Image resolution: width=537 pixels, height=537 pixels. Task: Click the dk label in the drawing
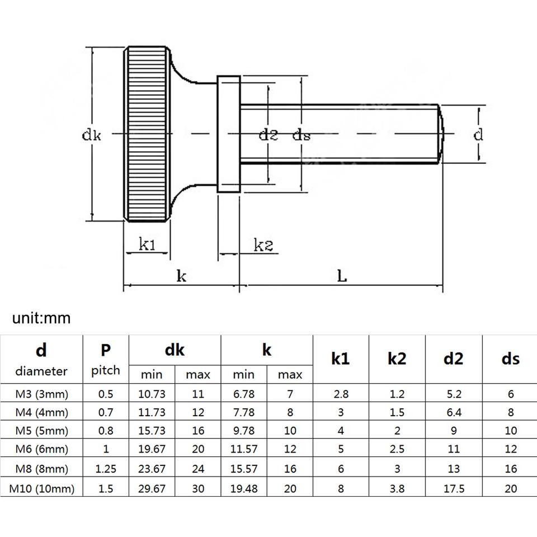coord(91,135)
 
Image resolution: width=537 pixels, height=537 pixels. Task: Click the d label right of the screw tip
coord(478,135)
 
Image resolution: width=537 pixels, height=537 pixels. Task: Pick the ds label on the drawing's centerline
coord(302,135)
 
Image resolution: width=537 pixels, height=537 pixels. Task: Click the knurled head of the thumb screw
coord(146,134)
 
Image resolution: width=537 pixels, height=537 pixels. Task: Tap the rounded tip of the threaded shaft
coord(440,134)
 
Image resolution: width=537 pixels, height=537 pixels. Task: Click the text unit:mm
coord(41,318)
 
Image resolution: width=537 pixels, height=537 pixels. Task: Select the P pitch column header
coord(105,359)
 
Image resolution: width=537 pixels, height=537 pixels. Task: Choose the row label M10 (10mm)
coord(42,488)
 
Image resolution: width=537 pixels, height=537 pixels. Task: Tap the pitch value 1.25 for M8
coord(105,469)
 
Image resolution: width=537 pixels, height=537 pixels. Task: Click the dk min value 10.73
coord(152,394)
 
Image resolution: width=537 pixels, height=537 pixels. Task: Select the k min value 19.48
coord(244,488)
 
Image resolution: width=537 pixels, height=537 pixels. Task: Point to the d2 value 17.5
coord(453,488)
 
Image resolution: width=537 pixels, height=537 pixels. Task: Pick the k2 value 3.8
coord(397,488)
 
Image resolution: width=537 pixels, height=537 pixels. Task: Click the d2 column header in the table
coord(453,359)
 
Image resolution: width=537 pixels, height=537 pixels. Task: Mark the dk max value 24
coord(197,469)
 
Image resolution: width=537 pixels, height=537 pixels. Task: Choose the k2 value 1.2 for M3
coord(397,394)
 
